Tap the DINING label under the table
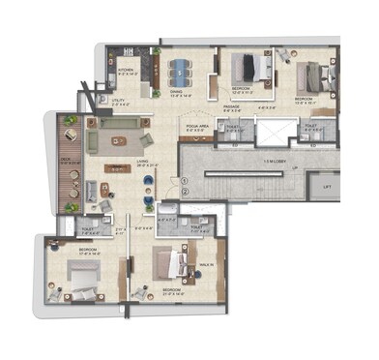click(x=182, y=94)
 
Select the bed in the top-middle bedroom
click(x=258, y=68)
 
